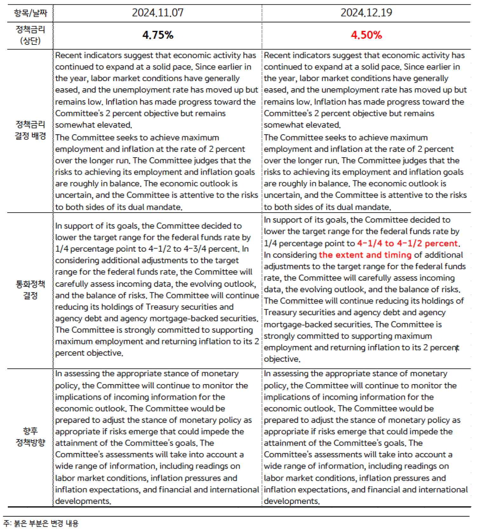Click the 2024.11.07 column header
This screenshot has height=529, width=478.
[x=157, y=13]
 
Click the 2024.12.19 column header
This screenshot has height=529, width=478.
[x=366, y=13]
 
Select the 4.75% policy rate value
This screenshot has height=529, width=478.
[x=158, y=35]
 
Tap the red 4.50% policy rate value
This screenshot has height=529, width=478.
[x=366, y=35]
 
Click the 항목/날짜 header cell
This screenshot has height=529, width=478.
[x=30, y=13]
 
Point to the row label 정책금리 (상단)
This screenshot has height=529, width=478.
[x=30, y=35]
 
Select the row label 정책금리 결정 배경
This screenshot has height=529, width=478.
[x=30, y=130]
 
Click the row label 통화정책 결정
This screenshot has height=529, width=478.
[x=30, y=290]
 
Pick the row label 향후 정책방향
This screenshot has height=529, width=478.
[x=30, y=437]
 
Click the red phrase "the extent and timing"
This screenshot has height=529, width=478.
[x=365, y=255]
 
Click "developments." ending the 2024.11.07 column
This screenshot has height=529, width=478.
[x=83, y=501]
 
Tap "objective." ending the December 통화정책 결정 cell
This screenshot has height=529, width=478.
[x=282, y=359]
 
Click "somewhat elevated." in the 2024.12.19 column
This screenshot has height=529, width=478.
[x=302, y=125]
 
